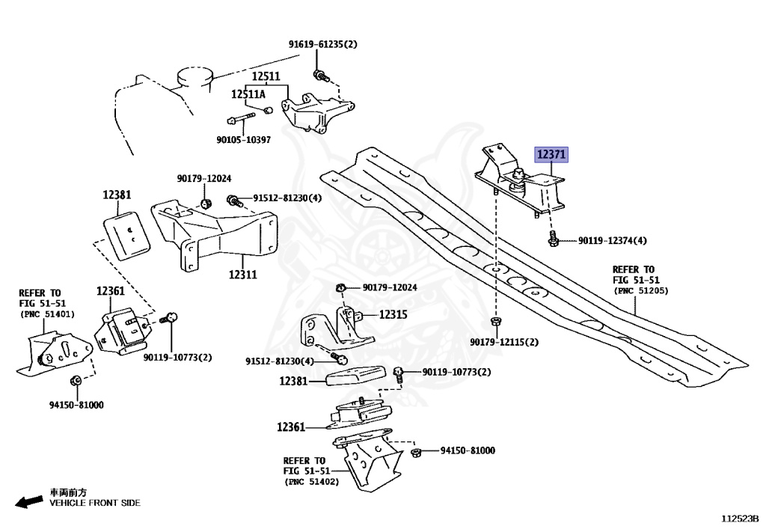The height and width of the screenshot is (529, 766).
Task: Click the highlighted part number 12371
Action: (551, 155)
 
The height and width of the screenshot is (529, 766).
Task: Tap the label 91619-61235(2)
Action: (322, 44)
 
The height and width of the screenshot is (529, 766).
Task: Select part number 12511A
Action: (248, 94)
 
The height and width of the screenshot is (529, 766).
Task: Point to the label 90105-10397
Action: (243, 140)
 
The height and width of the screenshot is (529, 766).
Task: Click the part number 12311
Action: (243, 275)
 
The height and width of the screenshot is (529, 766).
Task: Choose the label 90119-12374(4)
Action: (612, 240)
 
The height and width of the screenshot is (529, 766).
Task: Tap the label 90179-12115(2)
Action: (504, 342)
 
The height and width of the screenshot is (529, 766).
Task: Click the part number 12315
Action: (393, 314)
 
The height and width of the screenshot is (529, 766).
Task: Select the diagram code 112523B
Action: (740, 518)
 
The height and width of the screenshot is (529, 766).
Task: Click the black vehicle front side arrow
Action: (29, 501)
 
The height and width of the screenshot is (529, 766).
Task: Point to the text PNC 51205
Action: (641, 290)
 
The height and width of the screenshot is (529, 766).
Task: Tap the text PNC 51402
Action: (311, 482)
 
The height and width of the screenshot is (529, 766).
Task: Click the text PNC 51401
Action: (47, 314)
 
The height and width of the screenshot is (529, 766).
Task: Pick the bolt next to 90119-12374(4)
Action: (554, 239)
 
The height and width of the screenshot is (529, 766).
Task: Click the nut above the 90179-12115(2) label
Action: (495, 322)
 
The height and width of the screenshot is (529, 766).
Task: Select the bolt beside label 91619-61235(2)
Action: (321, 76)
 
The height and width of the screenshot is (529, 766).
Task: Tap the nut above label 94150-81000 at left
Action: (76, 380)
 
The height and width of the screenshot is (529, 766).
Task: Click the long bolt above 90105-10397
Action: (241, 119)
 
